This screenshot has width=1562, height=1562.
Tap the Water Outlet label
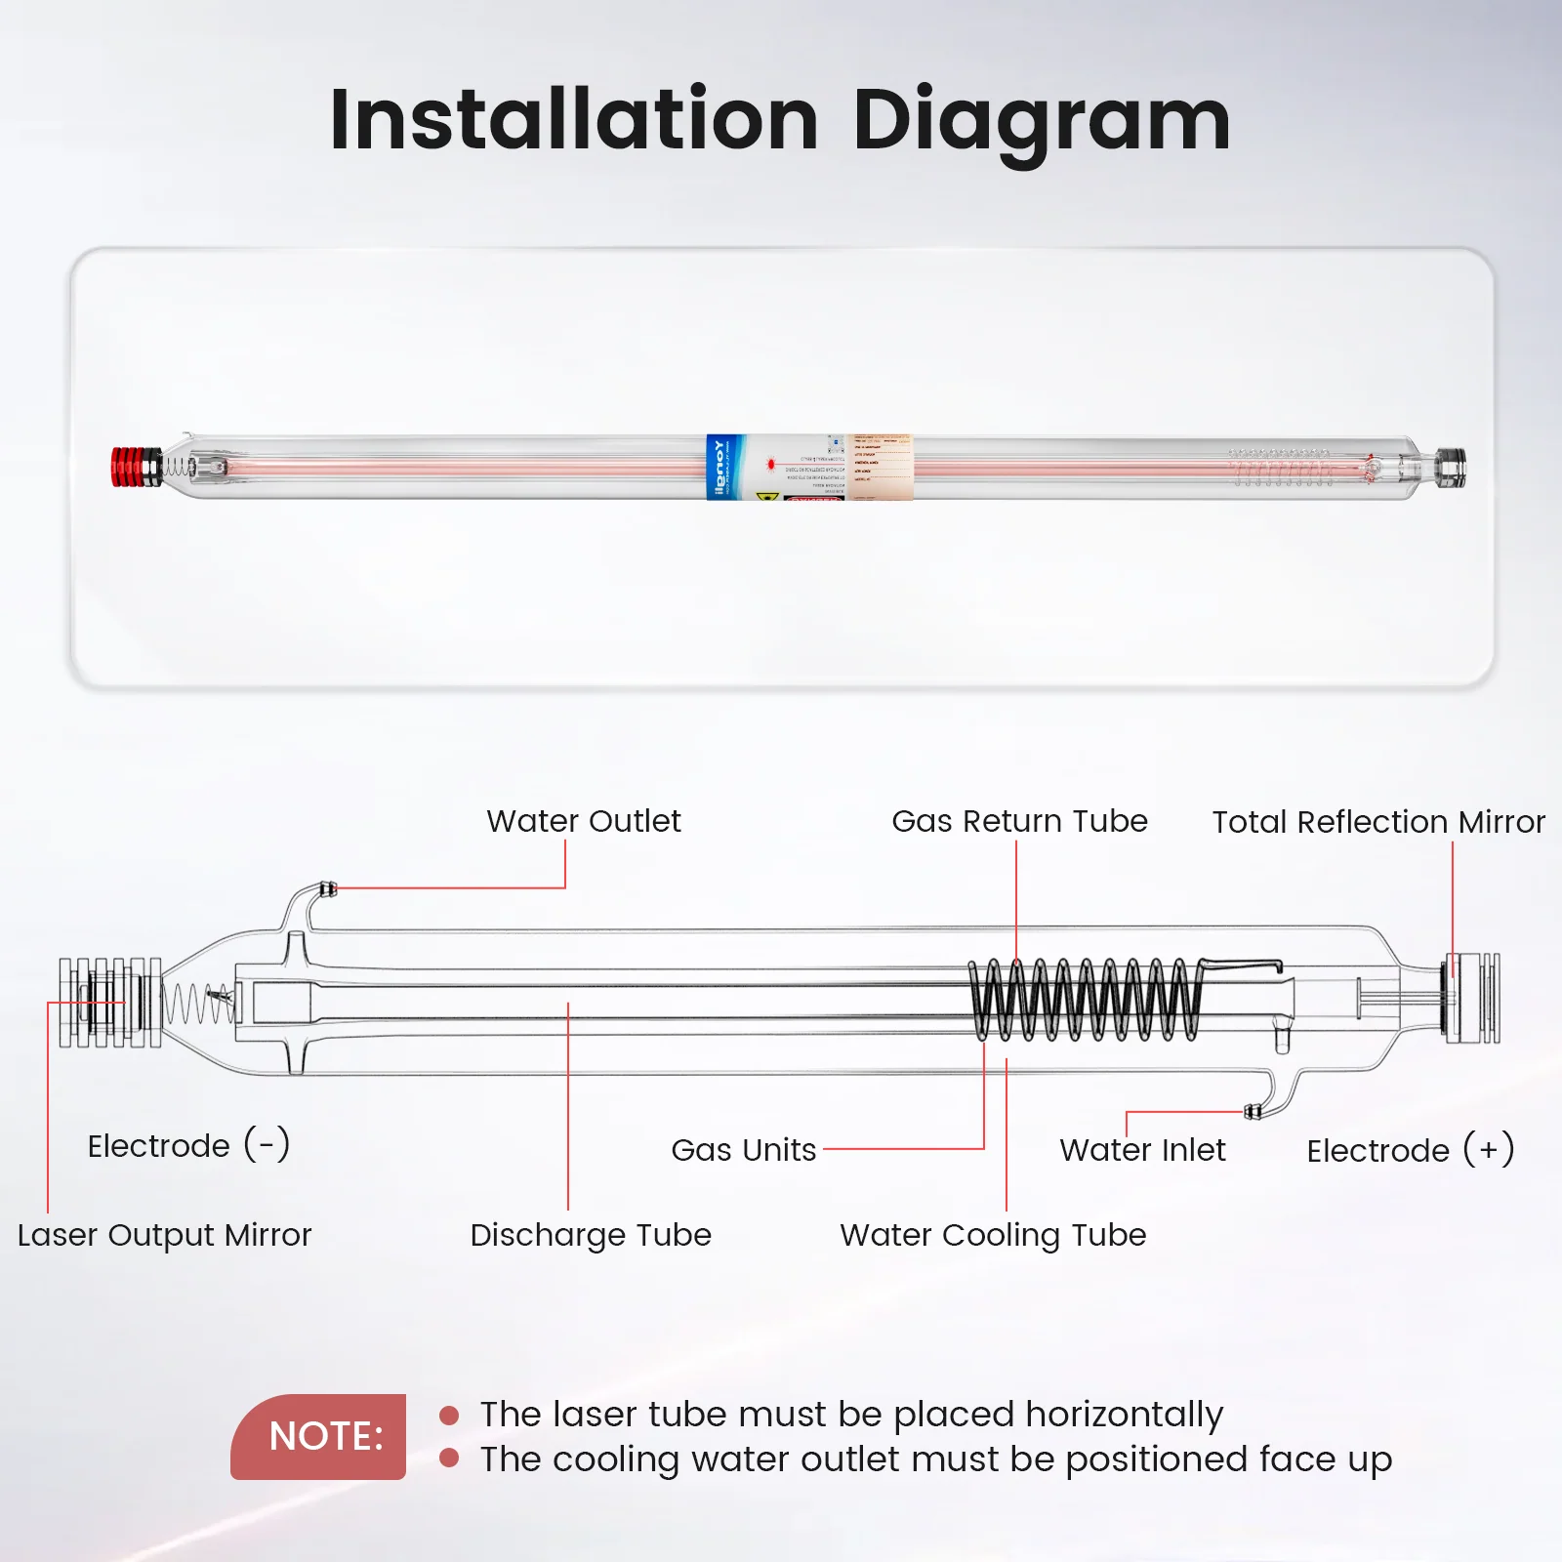(583, 821)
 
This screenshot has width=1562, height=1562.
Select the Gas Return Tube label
(1019, 821)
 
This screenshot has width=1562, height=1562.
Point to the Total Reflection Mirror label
(1378, 822)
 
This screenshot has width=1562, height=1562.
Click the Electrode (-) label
(188, 1145)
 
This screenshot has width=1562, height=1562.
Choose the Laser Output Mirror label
(164, 1235)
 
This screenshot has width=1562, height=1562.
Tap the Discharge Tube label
(591, 1235)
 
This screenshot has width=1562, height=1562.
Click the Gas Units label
(743, 1150)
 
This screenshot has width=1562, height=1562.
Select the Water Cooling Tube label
(993, 1235)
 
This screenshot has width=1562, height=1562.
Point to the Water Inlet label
(1142, 1150)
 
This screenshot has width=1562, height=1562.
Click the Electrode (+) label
(1410, 1150)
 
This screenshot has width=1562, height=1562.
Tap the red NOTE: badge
(319, 1436)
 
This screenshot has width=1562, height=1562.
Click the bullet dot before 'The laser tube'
(449, 1415)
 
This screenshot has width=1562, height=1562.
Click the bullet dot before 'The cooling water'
(449, 1459)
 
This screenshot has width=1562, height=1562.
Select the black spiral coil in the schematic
(1084, 1000)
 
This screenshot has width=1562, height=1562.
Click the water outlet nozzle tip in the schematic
(329, 888)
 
